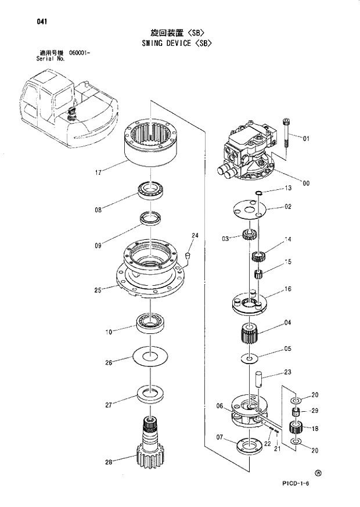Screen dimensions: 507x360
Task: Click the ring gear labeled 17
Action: click(x=152, y=145)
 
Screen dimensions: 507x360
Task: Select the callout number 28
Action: click(x=108, y=463)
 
